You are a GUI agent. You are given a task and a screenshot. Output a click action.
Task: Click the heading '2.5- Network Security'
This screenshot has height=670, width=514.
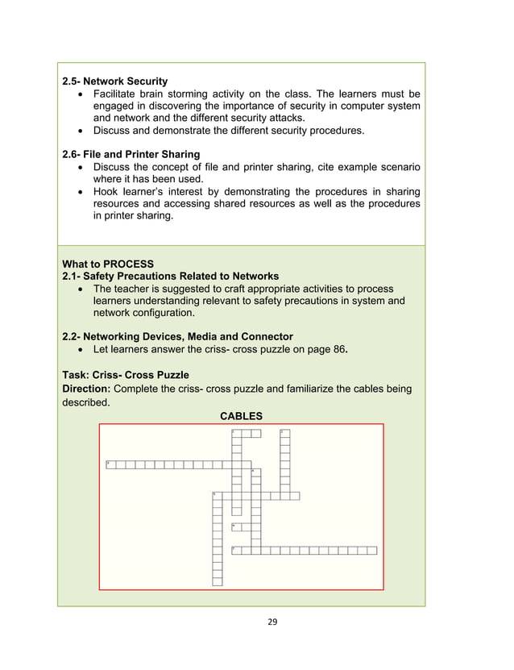coord(114,81)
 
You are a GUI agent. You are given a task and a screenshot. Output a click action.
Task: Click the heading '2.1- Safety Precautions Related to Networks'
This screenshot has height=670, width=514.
coord(170,276)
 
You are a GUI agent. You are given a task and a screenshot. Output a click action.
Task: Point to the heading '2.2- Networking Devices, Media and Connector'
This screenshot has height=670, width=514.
coord(177,336)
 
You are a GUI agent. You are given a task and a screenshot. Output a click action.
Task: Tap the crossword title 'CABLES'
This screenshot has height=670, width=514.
coord(241,416)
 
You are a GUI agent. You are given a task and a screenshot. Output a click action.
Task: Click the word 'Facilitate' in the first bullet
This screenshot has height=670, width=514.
coord(120,94)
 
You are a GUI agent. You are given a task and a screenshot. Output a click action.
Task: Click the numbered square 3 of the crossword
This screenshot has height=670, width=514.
coord(110,464)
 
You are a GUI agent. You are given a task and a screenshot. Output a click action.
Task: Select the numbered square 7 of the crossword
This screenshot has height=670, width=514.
coord(236,551)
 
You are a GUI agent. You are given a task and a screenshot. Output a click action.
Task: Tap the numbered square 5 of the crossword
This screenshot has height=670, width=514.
coord(217,496)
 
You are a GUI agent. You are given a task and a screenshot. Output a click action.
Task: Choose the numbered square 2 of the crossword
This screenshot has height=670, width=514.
coord(285,434)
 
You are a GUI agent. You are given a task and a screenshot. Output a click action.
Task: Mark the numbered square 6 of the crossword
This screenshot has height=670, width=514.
coord(236,527)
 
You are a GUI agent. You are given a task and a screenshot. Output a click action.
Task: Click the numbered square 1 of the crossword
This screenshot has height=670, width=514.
coord(236,434)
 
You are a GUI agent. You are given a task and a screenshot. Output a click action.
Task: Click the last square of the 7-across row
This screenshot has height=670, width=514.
coord(372,551)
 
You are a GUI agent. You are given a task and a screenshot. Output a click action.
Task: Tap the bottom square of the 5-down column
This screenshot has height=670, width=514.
coord(217,581)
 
